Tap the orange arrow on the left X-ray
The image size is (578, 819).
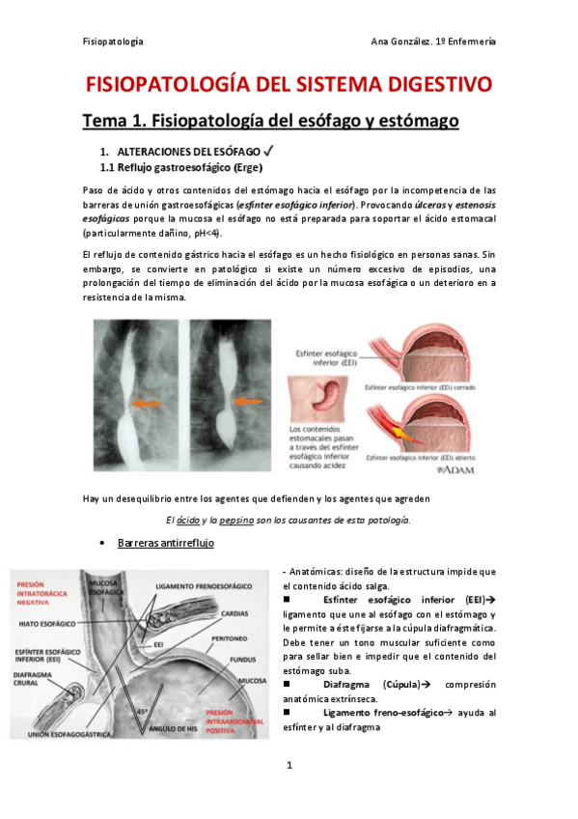point(147,401)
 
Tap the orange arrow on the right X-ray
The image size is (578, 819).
point(247,400)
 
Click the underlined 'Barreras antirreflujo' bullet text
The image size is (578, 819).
point(165,544)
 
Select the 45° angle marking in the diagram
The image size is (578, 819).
point(142,712)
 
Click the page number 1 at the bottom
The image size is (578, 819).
point(289,766)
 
